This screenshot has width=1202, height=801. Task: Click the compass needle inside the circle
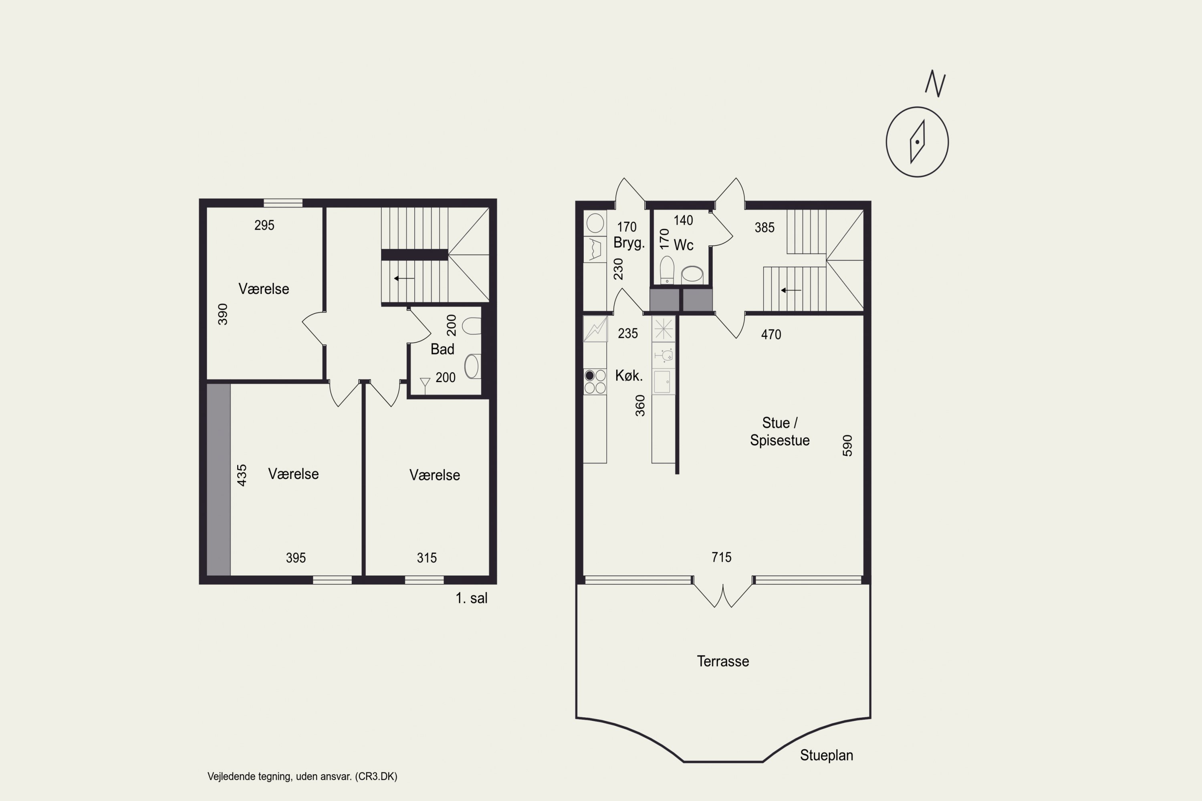[x=918, y=142]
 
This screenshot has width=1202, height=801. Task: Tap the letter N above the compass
[x=935, y=84]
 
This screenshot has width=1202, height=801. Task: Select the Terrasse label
[x=723, y=662]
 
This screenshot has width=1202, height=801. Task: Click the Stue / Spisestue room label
[x=780, y=432]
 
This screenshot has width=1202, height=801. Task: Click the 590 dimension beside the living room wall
[x=847, y=445]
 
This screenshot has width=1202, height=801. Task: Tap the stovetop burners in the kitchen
[x=595, y=382]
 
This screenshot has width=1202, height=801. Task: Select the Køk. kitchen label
[x=629, y=376]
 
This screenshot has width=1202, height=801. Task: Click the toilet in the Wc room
[x=667, y=270]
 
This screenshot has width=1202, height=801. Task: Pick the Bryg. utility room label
[x=629, y=243]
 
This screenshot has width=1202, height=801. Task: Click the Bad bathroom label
[x=443, y=349]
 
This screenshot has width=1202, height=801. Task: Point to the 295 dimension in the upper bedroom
[x=264, y=225]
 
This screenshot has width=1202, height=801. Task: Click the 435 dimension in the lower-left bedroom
[x=242, y=475]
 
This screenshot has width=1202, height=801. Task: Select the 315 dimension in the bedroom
[x=427, y=558]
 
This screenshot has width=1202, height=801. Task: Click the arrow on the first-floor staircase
[x=404, y=278]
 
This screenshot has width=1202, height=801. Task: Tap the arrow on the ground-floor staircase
[x=791, y=290]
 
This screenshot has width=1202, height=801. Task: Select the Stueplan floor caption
[x=826, y=755]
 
